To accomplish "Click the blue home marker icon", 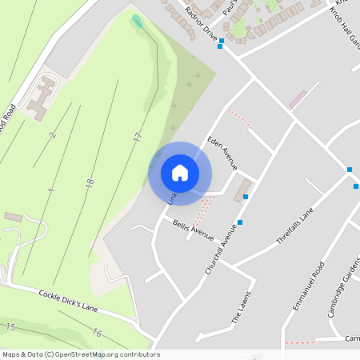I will click(x=180, y=172).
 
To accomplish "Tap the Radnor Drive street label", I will click(x=201, y=24).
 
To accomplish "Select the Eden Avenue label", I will click(x=222, y=152).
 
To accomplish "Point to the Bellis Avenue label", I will click(x=193, y=230).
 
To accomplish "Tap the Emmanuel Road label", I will click(x=308, y=286).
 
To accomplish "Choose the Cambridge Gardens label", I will click(x=342, y=288).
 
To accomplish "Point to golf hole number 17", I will click(x=138, y=138).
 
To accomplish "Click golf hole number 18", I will click(x=89, y=183).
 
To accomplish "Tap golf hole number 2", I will click(x=53, y=135).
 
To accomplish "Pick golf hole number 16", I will click(x=97, y=333).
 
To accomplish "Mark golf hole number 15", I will click(x=11, y=326).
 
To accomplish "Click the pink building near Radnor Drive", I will click(x=297, y=100).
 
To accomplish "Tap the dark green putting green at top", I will click(x=137, y=20).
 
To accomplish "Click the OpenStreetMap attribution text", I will click(x=81, y=354).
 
